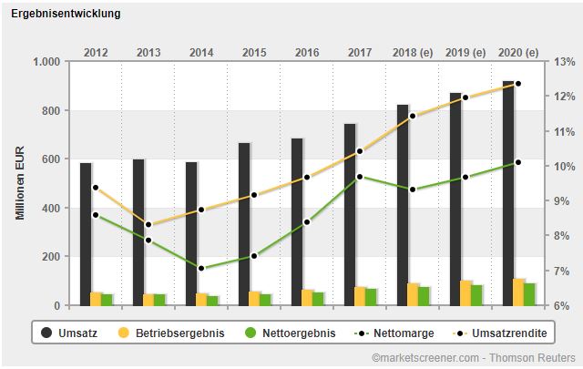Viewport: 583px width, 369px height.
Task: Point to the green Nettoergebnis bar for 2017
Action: tap(371, 296)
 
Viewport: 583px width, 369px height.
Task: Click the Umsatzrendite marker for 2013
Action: tap(148, 225)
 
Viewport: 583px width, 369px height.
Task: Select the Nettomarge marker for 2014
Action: tap(201, 269)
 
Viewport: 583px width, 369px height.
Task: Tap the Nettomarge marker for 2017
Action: tap(360, 177)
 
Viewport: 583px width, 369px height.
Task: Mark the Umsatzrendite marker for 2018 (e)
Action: tap(413, 116)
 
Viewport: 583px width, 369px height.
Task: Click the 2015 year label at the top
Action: tap(254, 52)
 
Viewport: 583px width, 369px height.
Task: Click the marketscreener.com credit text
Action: tap(473, 358)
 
